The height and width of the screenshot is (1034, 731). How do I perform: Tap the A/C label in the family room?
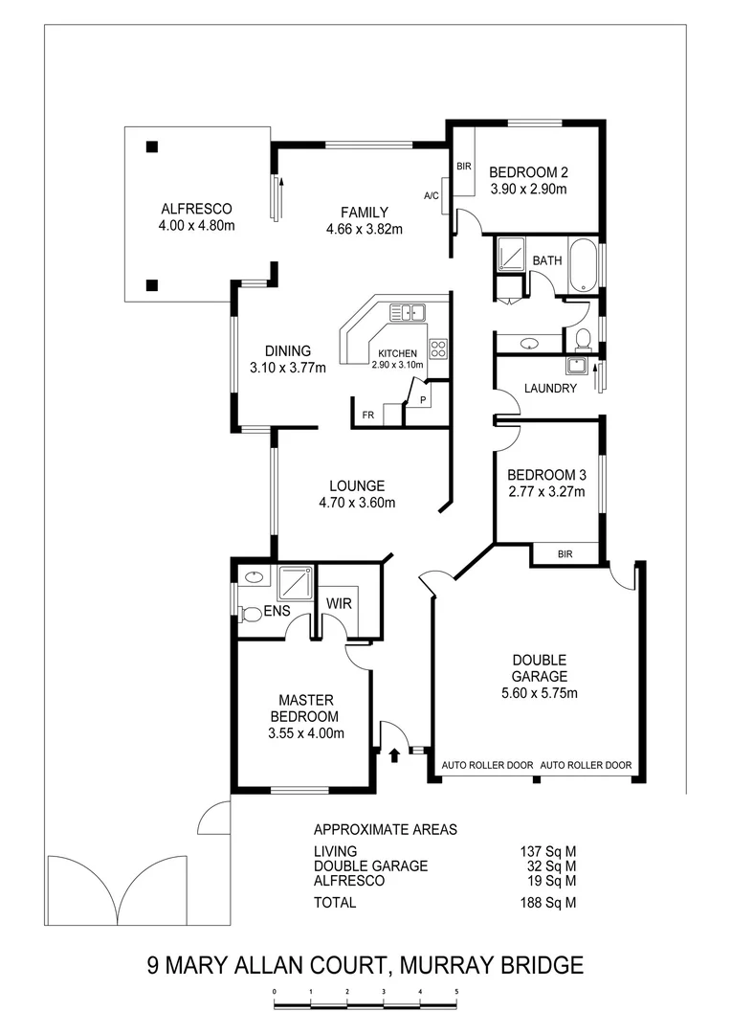click(431, 195)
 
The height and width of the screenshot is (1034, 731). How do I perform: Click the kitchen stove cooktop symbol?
click(439, 348)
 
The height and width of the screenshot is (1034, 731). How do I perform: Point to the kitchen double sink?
click(409, 311)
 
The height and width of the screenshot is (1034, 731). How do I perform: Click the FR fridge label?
click(367, 416)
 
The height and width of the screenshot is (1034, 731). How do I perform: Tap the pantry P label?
click(422, 399)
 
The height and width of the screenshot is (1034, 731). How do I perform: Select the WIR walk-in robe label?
click(339, 604)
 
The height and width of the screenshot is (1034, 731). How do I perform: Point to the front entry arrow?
click(393, 755)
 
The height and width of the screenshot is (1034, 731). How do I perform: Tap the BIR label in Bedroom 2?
click(464, 166)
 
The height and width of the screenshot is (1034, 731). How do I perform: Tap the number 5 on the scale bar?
click(456, 992)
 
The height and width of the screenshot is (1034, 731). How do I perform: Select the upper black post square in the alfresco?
click(151, 146)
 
